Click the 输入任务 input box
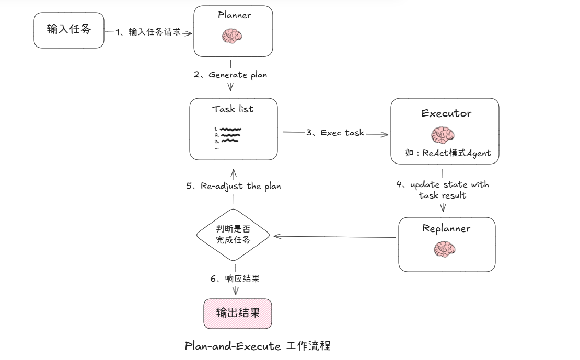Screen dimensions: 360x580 [69, 30]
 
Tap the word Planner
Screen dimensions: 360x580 [234, 15]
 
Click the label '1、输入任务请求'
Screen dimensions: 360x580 [148, 32]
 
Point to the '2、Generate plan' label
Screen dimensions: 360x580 [230, 75]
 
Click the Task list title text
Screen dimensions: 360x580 [233, 109]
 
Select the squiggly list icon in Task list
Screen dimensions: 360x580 [228, 135]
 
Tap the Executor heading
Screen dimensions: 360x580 [446, 113]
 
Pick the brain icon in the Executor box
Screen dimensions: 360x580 [443, 135]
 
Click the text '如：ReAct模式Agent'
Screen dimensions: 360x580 [448, 153]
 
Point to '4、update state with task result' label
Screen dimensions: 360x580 [443, 190]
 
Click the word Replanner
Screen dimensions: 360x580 [446, 228]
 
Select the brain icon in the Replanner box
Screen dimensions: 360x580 [445, 249]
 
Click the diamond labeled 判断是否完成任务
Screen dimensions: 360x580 [233, 235]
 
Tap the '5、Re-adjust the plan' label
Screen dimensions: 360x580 [234, 186]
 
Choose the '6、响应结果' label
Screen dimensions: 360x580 [235, 278]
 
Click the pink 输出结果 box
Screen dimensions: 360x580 [238, 313]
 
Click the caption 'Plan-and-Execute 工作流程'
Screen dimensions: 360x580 [258, 346]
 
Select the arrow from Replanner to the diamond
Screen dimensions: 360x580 [334, 237]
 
